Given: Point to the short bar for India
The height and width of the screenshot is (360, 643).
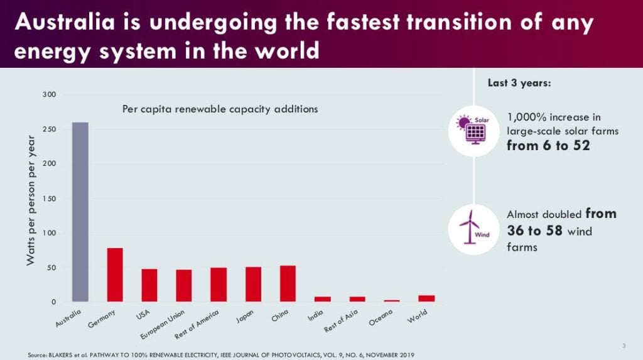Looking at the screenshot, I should pyautogui.click(x=322, y=299).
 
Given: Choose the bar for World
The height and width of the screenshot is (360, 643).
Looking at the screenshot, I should pyautogui.click(x=426, y=298).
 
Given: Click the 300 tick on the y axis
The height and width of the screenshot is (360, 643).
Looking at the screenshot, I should pyautogui.click(x=49, y=94).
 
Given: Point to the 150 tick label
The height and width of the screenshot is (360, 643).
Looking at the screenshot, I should pyautogui.click(x=49, y=199).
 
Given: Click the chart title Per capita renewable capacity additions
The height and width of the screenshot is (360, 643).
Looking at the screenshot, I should pyautogui.click(x=220, y=109).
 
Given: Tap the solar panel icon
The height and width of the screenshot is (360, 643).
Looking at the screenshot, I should pyautogui.click(x=473, y=129).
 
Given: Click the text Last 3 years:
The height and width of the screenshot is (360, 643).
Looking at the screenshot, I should pyautogui.click(x=519, y=83).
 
